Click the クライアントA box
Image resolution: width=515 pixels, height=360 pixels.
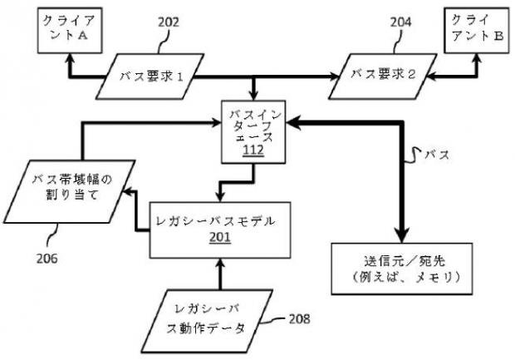(x=70, y=30)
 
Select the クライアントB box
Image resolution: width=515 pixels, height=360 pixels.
(x=477, y=30)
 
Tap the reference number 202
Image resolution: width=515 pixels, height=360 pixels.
(x=169, y=22)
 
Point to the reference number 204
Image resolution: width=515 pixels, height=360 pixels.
(x=400, y=22)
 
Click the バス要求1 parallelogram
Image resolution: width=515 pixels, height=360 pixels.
(x=150, y=76)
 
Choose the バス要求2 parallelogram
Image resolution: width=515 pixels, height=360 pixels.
(x=383, y=76)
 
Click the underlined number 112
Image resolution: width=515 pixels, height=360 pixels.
(x=253, y=150)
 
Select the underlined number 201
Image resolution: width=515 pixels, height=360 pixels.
(x=220, y=238)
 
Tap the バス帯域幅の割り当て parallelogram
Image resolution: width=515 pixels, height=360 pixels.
(x=70, y=191)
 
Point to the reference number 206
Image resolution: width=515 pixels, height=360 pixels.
(x=47, y=259)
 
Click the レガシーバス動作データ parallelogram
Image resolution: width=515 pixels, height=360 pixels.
(x=208, y=321)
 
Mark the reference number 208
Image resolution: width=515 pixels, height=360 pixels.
(x=299, y=319)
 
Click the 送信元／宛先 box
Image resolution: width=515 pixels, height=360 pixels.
(x=402, y=269)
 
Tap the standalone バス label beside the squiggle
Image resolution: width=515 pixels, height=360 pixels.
(x=437, y=155)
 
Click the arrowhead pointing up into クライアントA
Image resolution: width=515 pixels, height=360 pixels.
(x=70, y=58)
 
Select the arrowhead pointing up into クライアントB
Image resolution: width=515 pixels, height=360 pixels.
(x=477, y=58)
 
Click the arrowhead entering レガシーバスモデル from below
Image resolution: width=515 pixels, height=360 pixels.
(x=220, y=263)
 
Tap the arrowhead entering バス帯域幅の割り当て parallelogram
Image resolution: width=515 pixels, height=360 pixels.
(x=128, y=191)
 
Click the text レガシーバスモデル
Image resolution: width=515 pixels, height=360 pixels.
(x=215, y=221)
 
